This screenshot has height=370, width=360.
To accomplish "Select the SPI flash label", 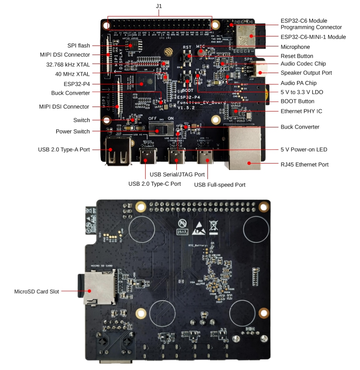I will [79, 45].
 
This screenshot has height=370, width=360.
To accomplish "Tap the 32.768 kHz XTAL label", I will [67, 64].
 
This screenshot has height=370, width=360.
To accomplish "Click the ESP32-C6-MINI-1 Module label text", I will [313, 37].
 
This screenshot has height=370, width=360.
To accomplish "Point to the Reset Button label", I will [297, 56].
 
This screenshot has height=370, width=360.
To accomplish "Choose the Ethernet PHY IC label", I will [301, 111].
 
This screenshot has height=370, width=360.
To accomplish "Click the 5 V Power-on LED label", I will [303, 149].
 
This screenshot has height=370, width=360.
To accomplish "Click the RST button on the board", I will [188, 57].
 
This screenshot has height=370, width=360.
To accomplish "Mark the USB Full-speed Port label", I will [219, 185].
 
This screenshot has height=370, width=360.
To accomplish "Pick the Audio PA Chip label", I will [298, 83].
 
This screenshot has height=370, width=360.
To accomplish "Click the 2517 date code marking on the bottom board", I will [182, 232].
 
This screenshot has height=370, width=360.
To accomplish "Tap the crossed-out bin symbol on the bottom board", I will [213, 226].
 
